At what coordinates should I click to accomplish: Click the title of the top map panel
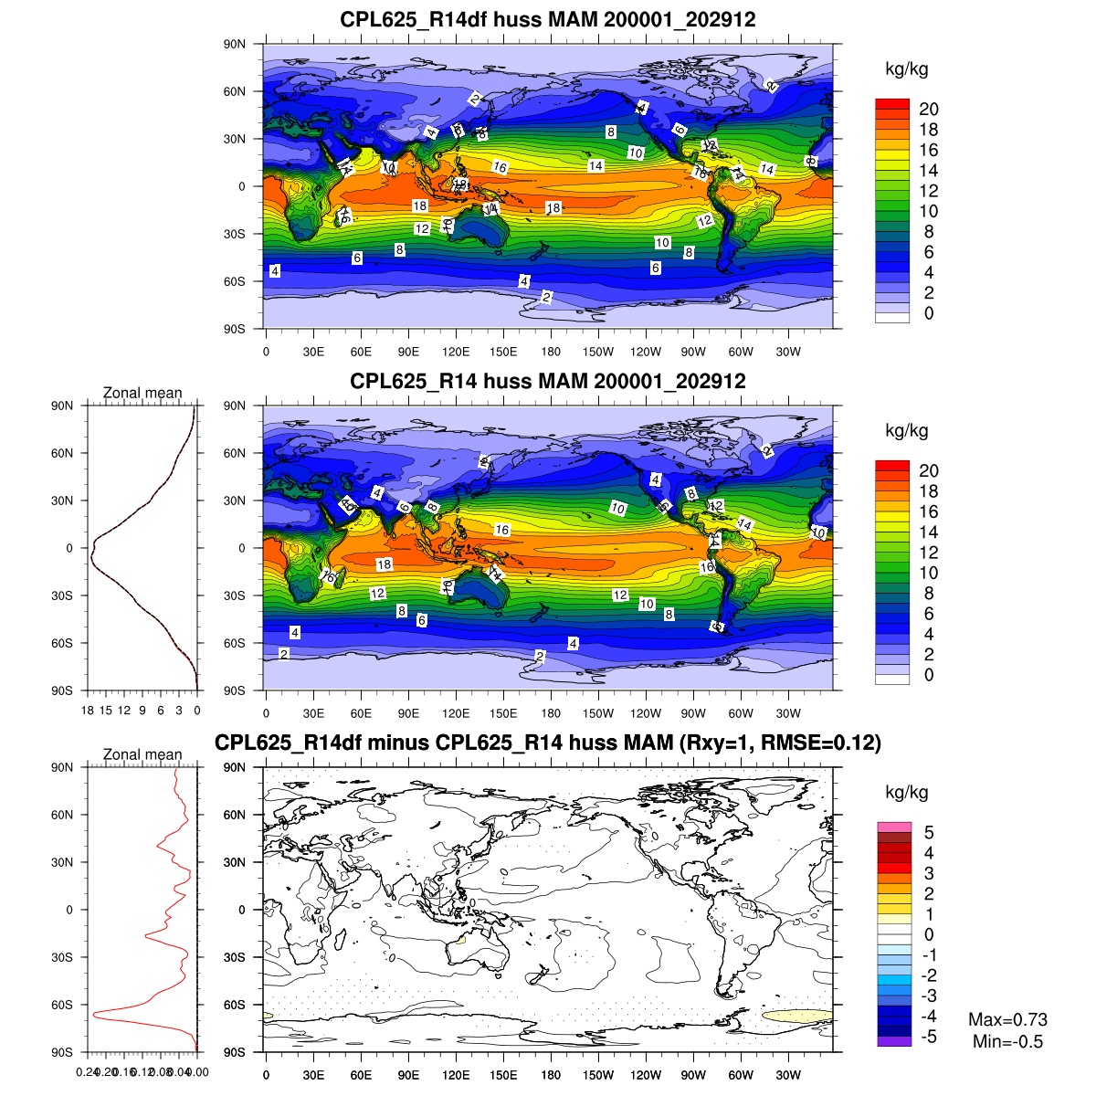tap(548, 19)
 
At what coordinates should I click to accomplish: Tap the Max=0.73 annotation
tap(1007, 1019)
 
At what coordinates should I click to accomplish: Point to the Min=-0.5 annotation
tap(1007, 1042)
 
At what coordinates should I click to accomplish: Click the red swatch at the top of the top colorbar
tap(892, 104)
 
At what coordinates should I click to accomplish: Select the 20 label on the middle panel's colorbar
tap(929, 471)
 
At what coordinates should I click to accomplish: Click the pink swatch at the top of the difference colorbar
tap(894, 827)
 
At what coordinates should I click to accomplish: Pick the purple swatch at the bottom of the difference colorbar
tap(894, 1041)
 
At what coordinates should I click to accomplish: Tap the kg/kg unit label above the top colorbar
tap(907, 69)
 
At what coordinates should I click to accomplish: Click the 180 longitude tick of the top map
tap(551, 352)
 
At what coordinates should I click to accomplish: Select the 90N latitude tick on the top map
tap(236, 44)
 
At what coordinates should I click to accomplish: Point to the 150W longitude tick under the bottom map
tap(598, 1075)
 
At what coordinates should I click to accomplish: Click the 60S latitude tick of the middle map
tap(236, 643)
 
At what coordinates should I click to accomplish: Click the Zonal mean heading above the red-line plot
tap(142, 754)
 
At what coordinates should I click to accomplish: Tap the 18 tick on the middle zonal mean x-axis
tap(88, 710)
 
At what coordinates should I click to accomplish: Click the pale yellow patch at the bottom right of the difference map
tap(796, 1016)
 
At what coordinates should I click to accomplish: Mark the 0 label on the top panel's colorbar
tap(929, 314)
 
